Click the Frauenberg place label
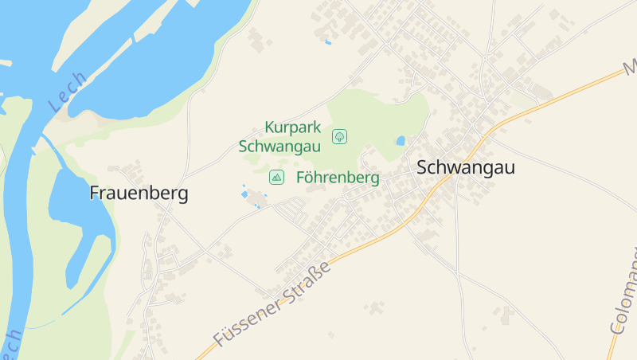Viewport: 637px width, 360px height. tap(139, 194)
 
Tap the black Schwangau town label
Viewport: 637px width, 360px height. tap(466, 167)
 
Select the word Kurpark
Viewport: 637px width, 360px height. tap(292, 127)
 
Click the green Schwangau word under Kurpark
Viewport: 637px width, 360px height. tap(279, 146)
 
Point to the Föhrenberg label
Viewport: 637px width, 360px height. tap(338, 177)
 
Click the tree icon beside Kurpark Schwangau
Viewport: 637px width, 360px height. tap(340, 136)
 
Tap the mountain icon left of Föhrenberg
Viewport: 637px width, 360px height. tap(276, 177)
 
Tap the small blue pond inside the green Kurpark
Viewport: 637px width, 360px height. tap(401, 141)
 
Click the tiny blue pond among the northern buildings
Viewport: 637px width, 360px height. tap(327, 41)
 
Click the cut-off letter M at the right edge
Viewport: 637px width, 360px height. tap(630, 64)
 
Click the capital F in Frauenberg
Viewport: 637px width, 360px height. tap(95, 194)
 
